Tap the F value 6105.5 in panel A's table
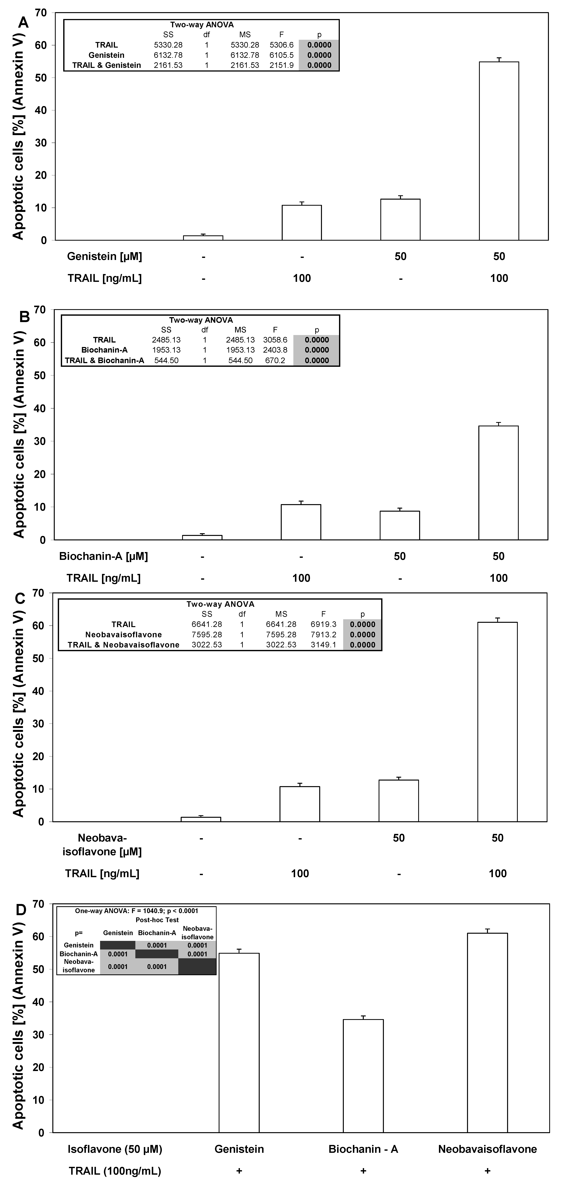click(x=281, y=55)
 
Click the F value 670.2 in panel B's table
click(x=275, y=360)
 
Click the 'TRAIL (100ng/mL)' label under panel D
click(x=115, y=1171)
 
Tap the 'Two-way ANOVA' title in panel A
click(x=202, y=25)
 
